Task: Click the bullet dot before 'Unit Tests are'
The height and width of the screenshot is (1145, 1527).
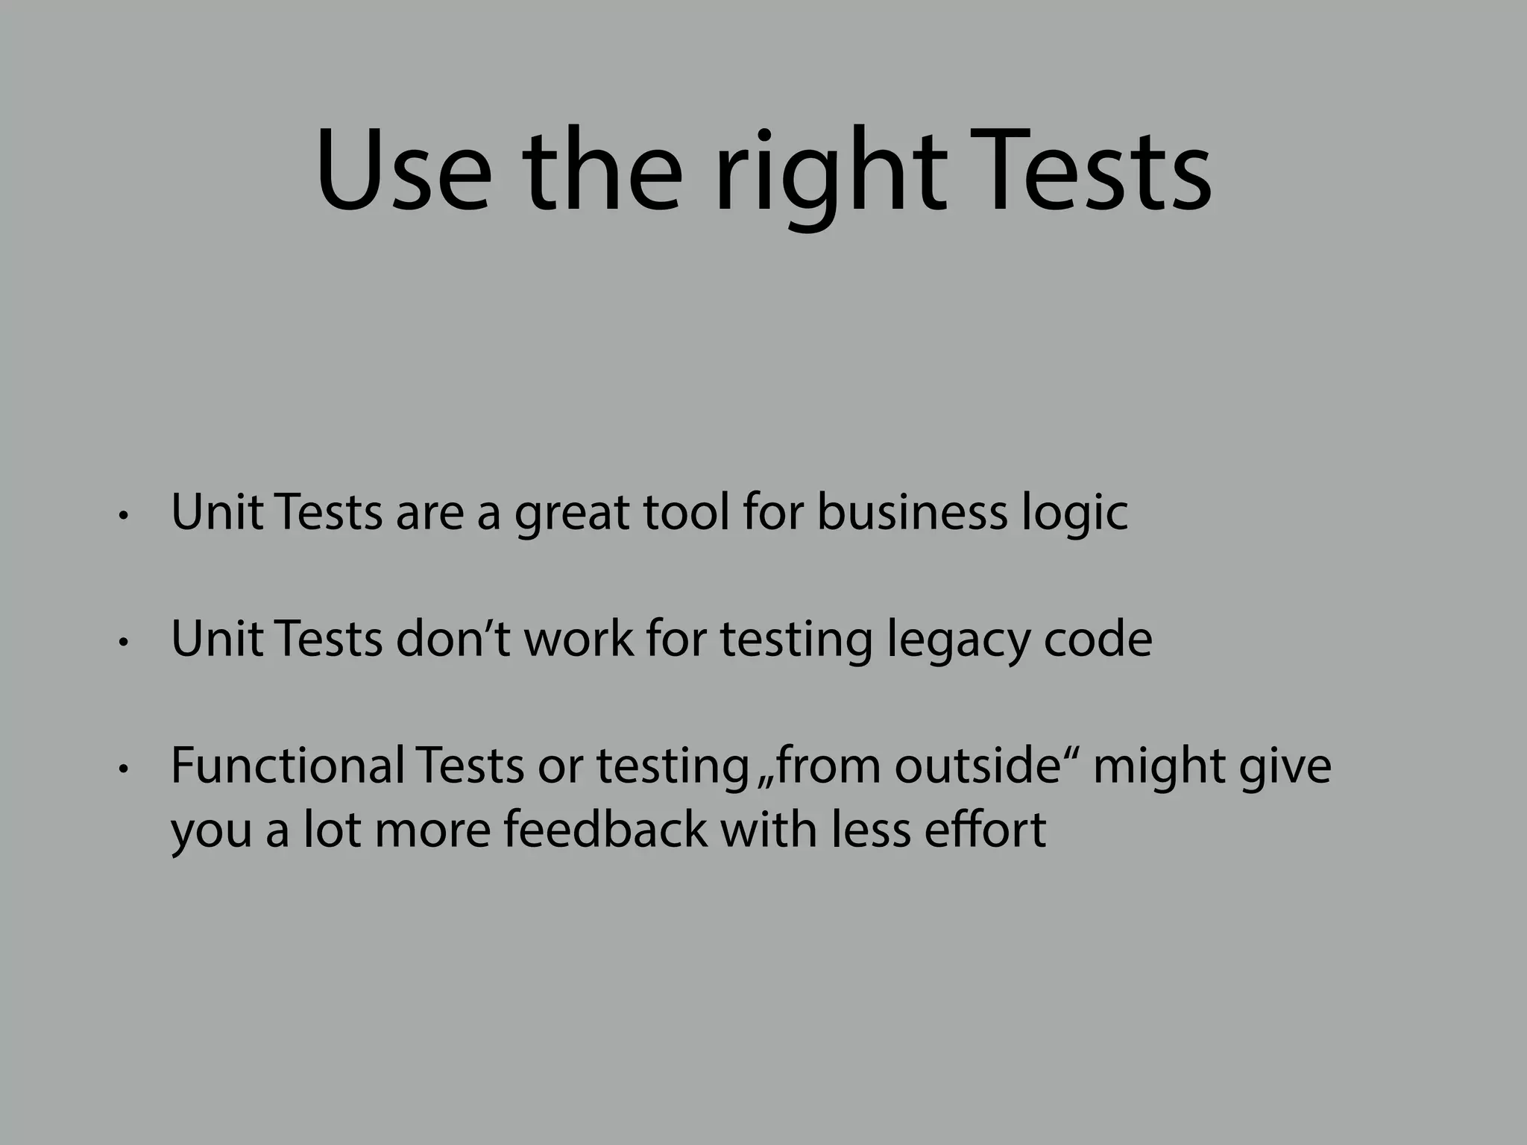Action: click(124, 515)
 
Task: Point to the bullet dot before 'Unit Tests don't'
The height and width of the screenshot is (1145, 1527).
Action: click(124, 642)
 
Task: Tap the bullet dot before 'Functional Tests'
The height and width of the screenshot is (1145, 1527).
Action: click(124, 768)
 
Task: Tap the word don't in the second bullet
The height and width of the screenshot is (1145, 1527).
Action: click(453, 639)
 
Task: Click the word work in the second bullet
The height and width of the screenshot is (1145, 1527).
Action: click(579, 639)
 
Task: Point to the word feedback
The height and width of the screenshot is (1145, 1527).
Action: click(605, 829)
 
